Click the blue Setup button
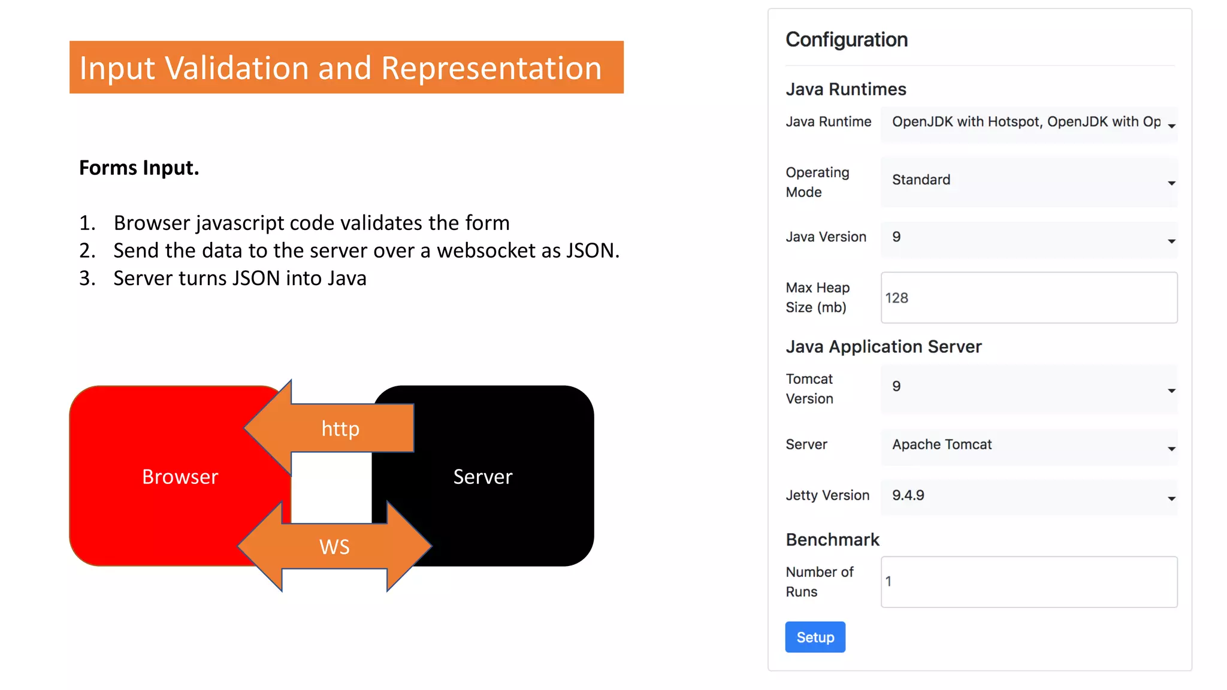[x=815, y=637]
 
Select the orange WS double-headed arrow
[x=334, y=546]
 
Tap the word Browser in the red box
[x=180, y=477]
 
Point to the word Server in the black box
[x=483, y=477]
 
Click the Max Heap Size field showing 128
[x=1029, y=298]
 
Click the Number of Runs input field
[x=1029, y=582]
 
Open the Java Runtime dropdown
[x=1029, y=123]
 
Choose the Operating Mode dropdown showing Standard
[x=1029, y=181]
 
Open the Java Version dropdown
[x=1029, y=238]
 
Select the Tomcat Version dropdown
[x=1029, y=388]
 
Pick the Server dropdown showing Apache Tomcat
[x=1029, y=446]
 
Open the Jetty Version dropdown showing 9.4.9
[x=1029, y=497]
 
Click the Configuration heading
[x=847, y=40]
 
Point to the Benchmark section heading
[x=832, y=540]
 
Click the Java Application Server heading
[x=883, y=347]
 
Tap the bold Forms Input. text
[x=139, y=168]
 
